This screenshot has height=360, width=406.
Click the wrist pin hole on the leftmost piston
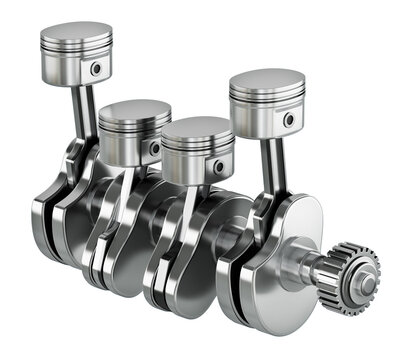[x=97, y=70]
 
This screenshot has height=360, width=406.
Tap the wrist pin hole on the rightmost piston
[x=288, y=120]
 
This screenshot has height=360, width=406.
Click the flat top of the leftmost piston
[x=76, y=33]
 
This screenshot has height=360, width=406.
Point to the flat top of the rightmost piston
[x=267, y=82]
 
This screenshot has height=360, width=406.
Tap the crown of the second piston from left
[x=135, y=111]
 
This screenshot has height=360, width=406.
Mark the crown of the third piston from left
[x=198, y=129]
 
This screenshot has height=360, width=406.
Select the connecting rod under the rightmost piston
[x=271, y=170]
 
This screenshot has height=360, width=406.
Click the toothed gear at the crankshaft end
[x=356, y=275]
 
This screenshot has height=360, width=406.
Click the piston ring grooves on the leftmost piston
[x=75, y=51]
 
